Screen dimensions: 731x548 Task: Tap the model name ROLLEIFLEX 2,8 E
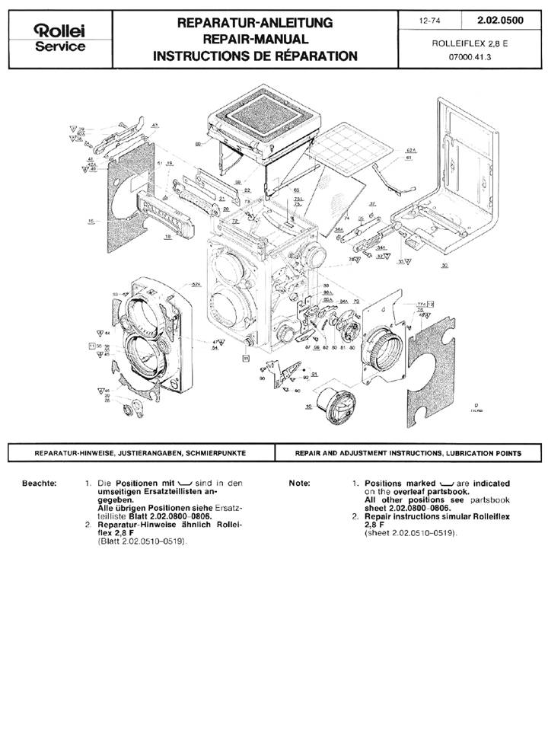(x=469, y=43)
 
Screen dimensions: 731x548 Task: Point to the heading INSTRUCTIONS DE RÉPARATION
(x=254, y=55)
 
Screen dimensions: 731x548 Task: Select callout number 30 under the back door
(x=443, y=265)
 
